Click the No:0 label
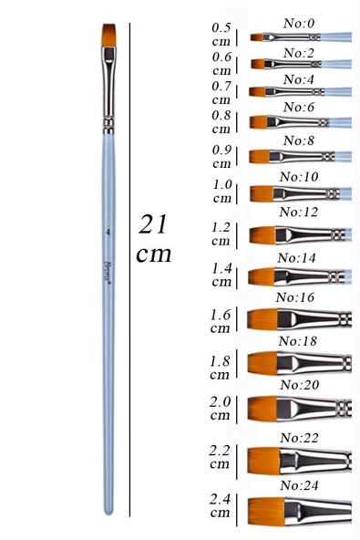click(299, 24)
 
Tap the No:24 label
click(300, 485)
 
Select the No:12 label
click(298, 213)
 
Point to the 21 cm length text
click(153, 238)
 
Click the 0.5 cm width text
click(221, 35)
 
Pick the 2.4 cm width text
click(220, 505)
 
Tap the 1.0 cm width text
click(222, 192)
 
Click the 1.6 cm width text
click(221, 321)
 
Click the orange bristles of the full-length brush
click(109, 36)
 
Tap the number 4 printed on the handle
click(108, 233)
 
